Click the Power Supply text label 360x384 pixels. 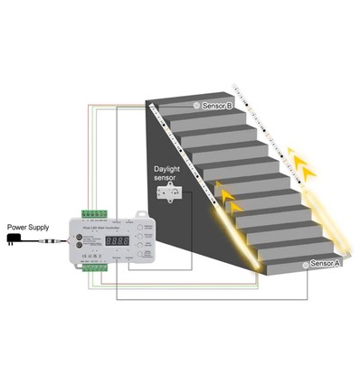[28, 227]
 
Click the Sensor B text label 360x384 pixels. [217, 106]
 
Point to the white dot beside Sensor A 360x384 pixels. [305, 266]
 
